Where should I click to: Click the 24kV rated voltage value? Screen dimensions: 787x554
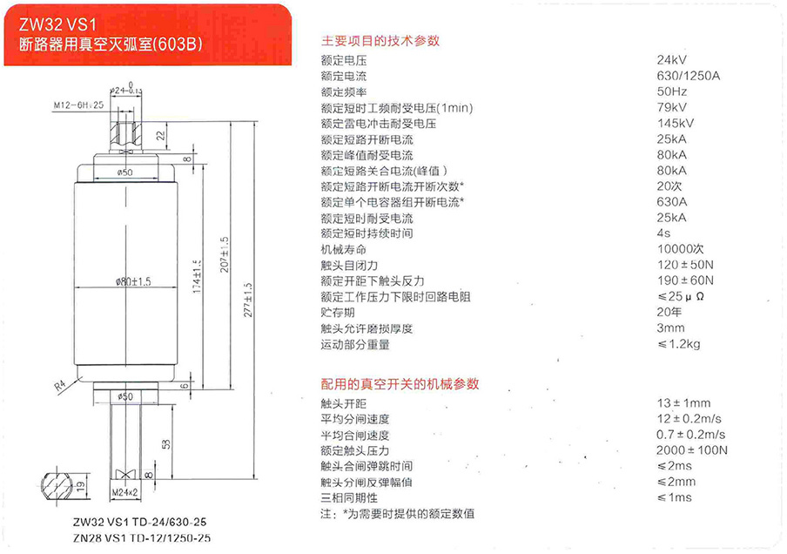pos(671,60)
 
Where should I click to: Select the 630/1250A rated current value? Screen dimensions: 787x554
pos(688,76)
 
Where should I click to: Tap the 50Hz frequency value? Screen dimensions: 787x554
pos(672,91)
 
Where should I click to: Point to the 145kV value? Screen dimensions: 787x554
pos(676,123)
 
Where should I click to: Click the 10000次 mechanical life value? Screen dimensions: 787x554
pos(681,248)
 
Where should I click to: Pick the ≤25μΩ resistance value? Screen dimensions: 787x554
pos(681,296)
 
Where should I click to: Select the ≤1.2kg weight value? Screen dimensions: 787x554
pos(678,344)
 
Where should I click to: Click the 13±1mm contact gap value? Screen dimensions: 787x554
pos(683,402)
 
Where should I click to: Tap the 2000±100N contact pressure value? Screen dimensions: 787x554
pos(691,450)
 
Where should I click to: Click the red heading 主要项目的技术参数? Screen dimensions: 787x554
pos(380,41)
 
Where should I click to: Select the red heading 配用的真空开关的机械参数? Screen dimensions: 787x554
pos(400,384)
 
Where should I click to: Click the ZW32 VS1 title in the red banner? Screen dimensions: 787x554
pos(57,24)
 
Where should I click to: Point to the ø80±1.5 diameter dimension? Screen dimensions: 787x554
pos(133,281)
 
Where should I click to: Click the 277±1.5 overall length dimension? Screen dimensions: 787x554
pos(248,300)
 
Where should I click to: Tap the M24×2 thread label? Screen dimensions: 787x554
pos(124,493)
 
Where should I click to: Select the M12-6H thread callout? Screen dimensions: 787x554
pos(78,105)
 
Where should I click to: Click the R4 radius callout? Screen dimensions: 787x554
pos(60,385)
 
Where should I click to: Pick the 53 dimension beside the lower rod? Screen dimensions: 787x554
pos(166,444)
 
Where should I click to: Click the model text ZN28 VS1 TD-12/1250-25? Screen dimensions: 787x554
pos(142,538)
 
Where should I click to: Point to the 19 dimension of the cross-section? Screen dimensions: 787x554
pos(81,486)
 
